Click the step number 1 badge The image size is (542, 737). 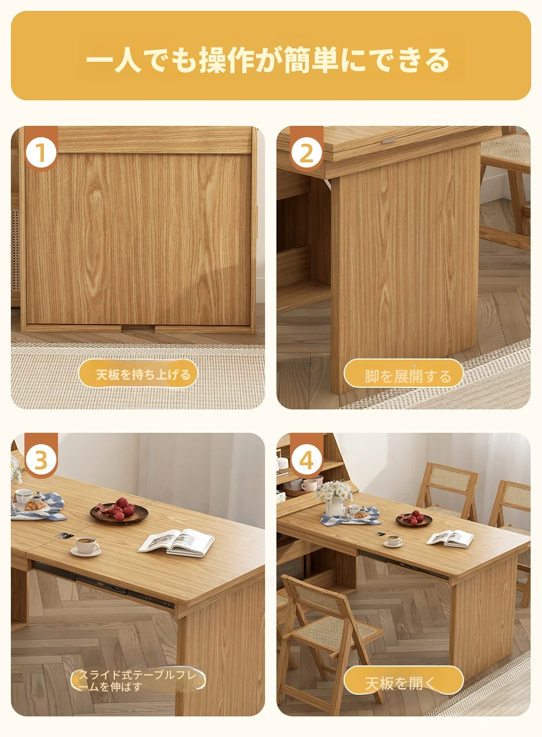[x=41, y=152]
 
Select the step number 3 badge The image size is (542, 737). [x=41, y=460]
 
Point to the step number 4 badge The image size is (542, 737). [x=307, y=460]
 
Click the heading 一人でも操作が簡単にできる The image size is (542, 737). [x=268, y=60]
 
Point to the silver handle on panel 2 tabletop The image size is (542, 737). [x=389, y=141]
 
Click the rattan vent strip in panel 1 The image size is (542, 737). [x=16, y=251]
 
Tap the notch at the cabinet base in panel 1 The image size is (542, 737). [x=138, y=328]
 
